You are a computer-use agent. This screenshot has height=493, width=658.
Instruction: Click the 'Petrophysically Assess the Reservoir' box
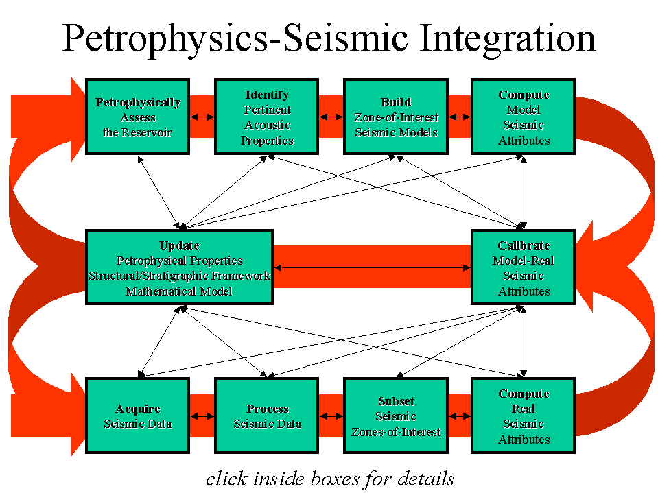coord(137,117)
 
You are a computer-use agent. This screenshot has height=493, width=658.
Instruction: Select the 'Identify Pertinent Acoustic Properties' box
coord(267,117)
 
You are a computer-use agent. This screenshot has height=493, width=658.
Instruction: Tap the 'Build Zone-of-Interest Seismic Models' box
coord(396,117)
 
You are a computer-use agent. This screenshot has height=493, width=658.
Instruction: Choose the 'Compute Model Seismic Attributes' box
coord(524,117)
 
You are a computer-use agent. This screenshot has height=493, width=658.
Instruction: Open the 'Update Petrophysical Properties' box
coord(179,267)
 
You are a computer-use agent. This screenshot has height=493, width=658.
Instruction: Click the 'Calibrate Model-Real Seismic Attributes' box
coord(524,267)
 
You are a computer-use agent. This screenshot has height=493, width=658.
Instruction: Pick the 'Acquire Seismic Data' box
coord(137,416)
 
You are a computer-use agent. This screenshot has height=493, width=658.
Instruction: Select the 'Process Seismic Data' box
coord(267,416)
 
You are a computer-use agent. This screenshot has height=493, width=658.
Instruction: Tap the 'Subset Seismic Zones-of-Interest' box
coord(396,416)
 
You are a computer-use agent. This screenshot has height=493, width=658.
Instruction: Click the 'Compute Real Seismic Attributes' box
coord(524,416)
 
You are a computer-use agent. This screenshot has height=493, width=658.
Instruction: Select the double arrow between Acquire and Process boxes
coord(202,416)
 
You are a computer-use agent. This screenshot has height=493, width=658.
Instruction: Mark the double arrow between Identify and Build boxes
coord(331,117)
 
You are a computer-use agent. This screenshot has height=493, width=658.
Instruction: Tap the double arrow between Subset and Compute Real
coord(459,416)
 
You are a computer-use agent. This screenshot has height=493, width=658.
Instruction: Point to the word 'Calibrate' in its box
coord(524,245)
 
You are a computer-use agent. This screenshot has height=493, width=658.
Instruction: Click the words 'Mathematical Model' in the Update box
coord(179,291)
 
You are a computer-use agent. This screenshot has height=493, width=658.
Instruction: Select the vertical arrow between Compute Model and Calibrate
coord(524,192)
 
